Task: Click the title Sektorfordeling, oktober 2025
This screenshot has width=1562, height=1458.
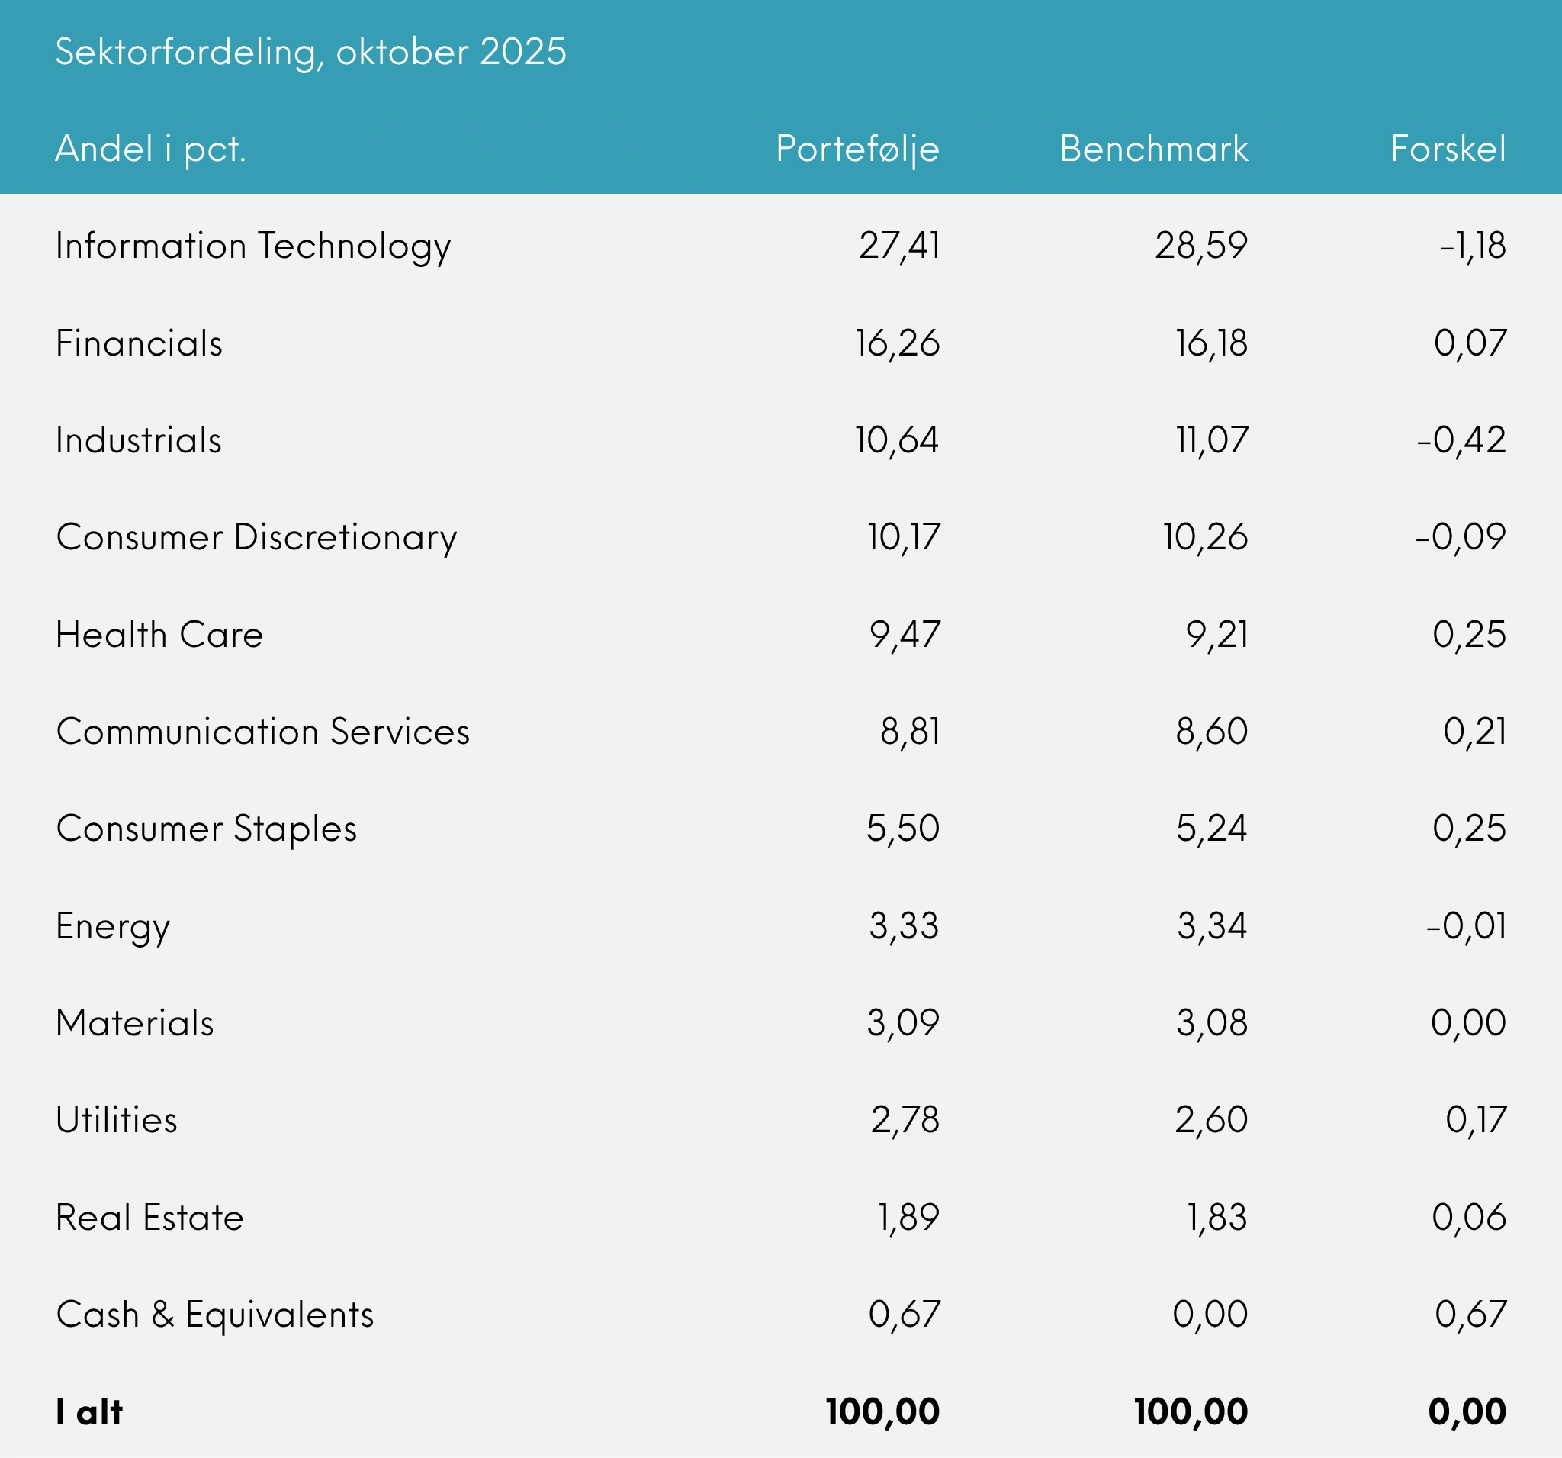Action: tap(310, 53)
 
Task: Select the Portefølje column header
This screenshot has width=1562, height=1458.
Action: tap(857, 150)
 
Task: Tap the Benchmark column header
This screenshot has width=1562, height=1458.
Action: tap(1153, 150)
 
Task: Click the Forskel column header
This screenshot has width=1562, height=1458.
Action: tap(1448, 150)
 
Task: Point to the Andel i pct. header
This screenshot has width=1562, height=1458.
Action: tap(151, 150)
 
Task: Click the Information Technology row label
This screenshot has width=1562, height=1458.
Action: tap(253, 246)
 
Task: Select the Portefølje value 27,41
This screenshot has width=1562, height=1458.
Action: tap(899, 246)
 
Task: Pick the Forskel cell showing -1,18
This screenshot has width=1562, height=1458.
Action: tap(1473, 246)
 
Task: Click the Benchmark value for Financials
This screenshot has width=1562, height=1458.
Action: tap(1211, 343)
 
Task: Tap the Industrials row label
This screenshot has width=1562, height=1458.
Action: tap(139, 440)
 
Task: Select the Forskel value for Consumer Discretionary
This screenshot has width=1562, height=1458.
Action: tap(1461, 538)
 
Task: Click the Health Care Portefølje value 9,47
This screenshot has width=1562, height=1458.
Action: tap(905, 634)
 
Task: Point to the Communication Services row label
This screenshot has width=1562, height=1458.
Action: tap(263, 732)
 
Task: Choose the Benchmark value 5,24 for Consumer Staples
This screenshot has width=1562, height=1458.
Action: tap(1211, 829)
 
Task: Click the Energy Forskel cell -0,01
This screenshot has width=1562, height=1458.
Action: tap(1466, 926)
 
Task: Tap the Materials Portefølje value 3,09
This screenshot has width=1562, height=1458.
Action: tap(903, 1022)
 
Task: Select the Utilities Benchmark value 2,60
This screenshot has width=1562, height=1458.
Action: tap(1211, 1120)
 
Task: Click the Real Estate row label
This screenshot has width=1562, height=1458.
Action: tap(150, 1218)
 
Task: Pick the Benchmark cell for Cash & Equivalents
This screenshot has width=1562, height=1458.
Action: tap(1210, 1314)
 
